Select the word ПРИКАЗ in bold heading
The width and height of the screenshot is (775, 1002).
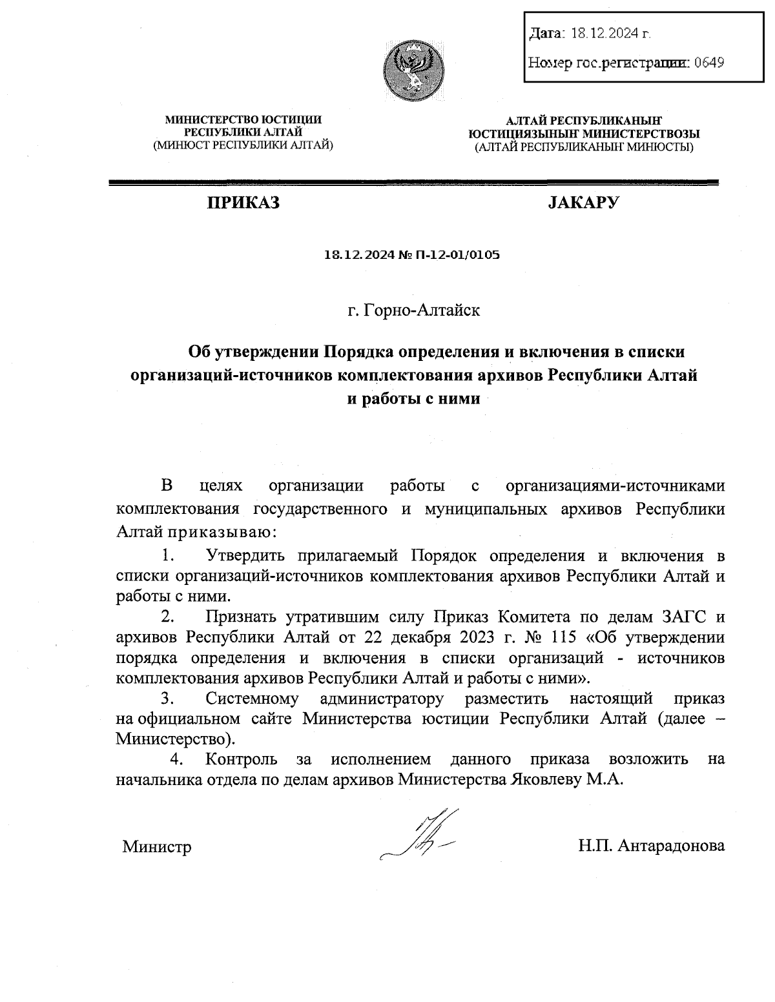[243, 203]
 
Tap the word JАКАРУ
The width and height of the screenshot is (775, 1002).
[583, 203]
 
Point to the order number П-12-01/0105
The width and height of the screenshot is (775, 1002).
[462, 255]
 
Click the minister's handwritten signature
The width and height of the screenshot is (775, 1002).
[420, 835]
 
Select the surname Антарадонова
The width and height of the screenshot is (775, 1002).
[670, 846]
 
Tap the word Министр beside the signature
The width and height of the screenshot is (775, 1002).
[157, 846]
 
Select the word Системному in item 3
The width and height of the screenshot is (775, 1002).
[252, 699]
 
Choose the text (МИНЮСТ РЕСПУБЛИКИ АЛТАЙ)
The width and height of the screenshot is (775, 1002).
[243, 146]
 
